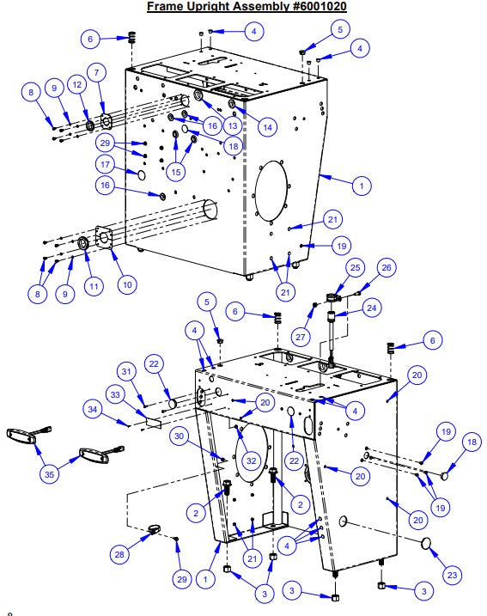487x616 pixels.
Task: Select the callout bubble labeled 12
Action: point(76,85)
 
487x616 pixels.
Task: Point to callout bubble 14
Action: point(268,127)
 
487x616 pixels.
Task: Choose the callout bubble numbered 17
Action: point(104,164)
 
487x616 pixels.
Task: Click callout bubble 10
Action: point(126,283)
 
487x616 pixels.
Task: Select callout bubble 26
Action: point(386,267)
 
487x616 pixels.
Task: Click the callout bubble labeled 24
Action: point(372,306)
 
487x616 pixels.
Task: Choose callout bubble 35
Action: point(52,473)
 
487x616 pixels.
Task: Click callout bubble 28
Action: point(119,555)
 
